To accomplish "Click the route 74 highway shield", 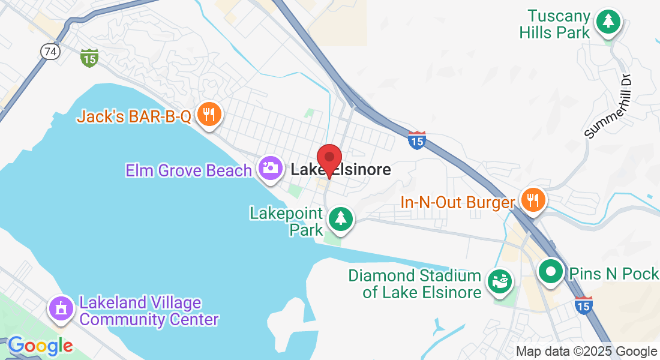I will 50,52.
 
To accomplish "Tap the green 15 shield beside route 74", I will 89,58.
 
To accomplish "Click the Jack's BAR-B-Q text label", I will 134,116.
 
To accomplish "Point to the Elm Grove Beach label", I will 188,170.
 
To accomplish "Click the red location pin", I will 329,160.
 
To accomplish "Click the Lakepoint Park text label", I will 287,221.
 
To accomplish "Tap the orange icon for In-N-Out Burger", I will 532,199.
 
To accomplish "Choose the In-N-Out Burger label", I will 458,203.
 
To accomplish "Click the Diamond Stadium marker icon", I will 499,281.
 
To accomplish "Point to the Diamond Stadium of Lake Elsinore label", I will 415,284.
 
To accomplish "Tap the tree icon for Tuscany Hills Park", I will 608,22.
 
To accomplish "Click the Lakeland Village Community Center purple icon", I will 61,308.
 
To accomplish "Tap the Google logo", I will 40,346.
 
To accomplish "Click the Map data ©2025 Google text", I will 587,352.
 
